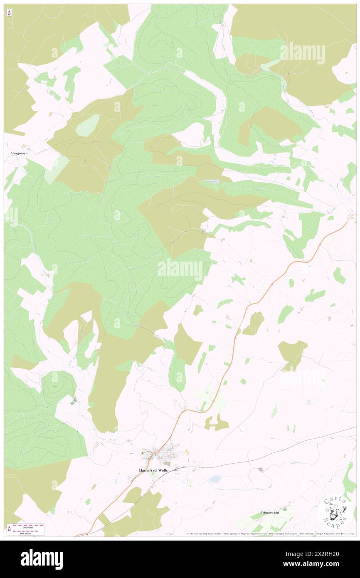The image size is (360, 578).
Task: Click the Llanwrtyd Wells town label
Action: coord(155,470)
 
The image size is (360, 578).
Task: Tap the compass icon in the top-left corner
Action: coord(10,13)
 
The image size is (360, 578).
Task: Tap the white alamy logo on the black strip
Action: coord(42,559)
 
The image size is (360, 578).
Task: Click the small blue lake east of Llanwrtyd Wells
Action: coord(215,479)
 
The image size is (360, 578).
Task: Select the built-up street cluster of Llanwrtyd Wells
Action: coord(168,453)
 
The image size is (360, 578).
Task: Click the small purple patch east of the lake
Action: coord(261,469)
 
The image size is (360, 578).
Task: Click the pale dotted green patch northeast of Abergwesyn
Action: coord(88,125)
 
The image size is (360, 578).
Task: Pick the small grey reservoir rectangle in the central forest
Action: coord(212,181)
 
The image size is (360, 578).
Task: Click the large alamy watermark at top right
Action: coord(302,53)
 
